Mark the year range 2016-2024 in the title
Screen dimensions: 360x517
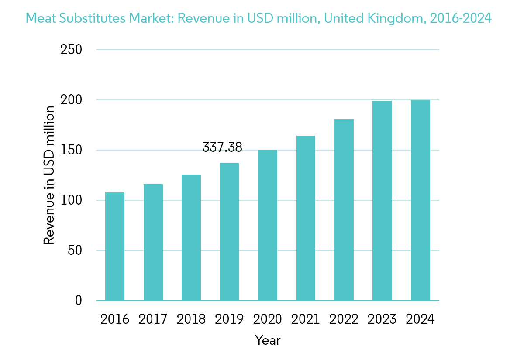(461, 18)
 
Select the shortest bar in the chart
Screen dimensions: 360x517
(115, 247)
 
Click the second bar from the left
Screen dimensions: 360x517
(153, 242)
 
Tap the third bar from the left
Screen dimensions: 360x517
(191, 237)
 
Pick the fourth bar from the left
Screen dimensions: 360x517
(229, 232)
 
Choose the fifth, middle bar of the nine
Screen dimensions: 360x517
(268, 225)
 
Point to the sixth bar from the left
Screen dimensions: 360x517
(306, 218)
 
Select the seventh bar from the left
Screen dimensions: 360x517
(344, 210)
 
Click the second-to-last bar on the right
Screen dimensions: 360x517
(382, 201)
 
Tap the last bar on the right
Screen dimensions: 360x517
(420, 200)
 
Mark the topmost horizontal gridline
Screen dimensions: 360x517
(267, 50)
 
